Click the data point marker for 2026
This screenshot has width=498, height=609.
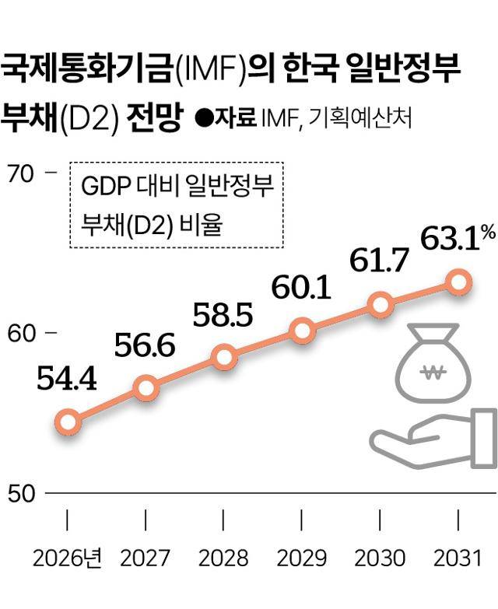click(68, 422)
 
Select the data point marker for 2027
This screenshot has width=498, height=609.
click(146, 387)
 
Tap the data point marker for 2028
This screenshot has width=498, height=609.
click(224, 357)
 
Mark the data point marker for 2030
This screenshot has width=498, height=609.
click(381, 305)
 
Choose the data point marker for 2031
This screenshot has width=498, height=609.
click(459, 282)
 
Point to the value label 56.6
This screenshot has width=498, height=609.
click(146, 345)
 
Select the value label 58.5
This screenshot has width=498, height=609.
click(223, 315)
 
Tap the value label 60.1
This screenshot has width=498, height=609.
click(302, 288)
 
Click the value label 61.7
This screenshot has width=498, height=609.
click(380, 261)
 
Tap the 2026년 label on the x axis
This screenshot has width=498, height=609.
click(68, 558)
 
